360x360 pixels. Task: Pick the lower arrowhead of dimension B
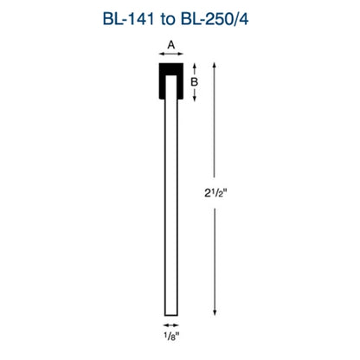coord(196,99)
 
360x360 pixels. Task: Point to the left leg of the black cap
coord(160,85)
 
